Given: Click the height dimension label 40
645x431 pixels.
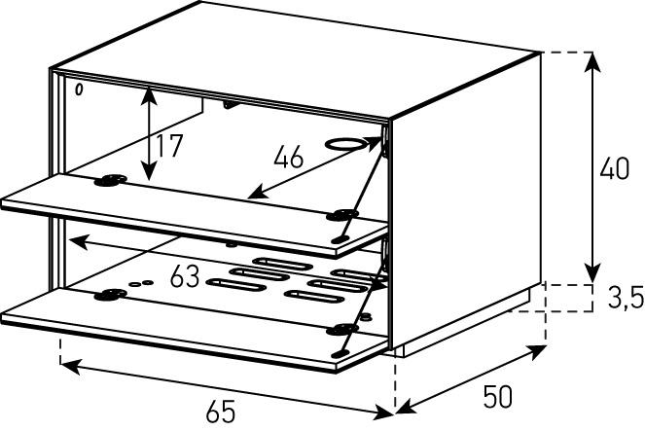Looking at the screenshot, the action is coord(614,168).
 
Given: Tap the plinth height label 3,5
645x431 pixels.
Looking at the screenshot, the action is coord(626,298).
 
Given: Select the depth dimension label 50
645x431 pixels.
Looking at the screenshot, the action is coord(498,397).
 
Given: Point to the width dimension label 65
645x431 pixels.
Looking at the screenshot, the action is coord(221,412).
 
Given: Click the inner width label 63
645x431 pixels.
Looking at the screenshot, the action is coord(185,276).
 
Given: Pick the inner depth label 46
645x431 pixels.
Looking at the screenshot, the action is coord(289,157).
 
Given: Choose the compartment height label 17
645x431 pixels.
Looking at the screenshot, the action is coord(169,146).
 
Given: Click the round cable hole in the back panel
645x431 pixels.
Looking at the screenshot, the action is coord(345,144).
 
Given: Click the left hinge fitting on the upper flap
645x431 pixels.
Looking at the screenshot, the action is coord(110,180).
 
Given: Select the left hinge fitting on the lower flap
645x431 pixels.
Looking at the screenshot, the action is coord(110,295).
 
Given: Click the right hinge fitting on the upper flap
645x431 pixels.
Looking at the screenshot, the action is coord(342,215).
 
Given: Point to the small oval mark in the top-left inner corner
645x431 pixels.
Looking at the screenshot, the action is coord(79,90).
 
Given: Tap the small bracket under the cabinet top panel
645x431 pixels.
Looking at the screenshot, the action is coord(230,105).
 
